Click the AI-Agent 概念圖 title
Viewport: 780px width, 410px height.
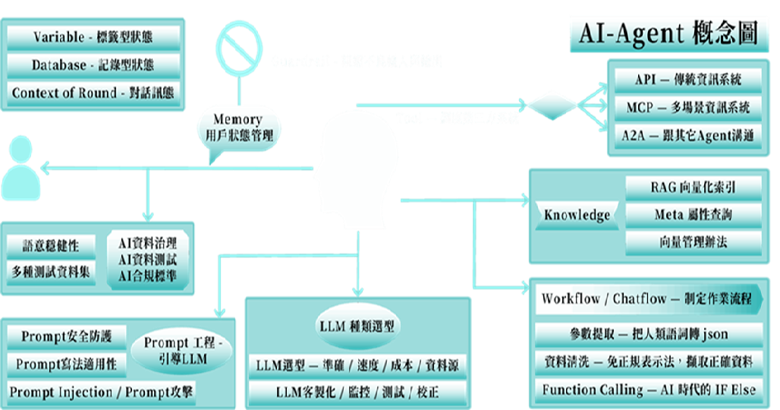[669, 33]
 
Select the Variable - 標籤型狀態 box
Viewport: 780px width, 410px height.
[94, 38]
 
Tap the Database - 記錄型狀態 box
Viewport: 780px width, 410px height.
[94, 65]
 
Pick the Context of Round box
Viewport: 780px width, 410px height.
[94, 93]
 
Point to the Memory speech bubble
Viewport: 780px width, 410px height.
[237, 128]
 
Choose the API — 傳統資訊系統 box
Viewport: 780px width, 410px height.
[688, 80]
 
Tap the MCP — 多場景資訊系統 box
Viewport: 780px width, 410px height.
[688, 108]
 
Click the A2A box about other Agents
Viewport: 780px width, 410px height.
[688, 136]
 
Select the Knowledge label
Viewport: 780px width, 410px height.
[577, 215]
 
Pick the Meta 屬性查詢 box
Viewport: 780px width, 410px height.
[694, 215]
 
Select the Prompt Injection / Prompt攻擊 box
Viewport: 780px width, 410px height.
[101, 393]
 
